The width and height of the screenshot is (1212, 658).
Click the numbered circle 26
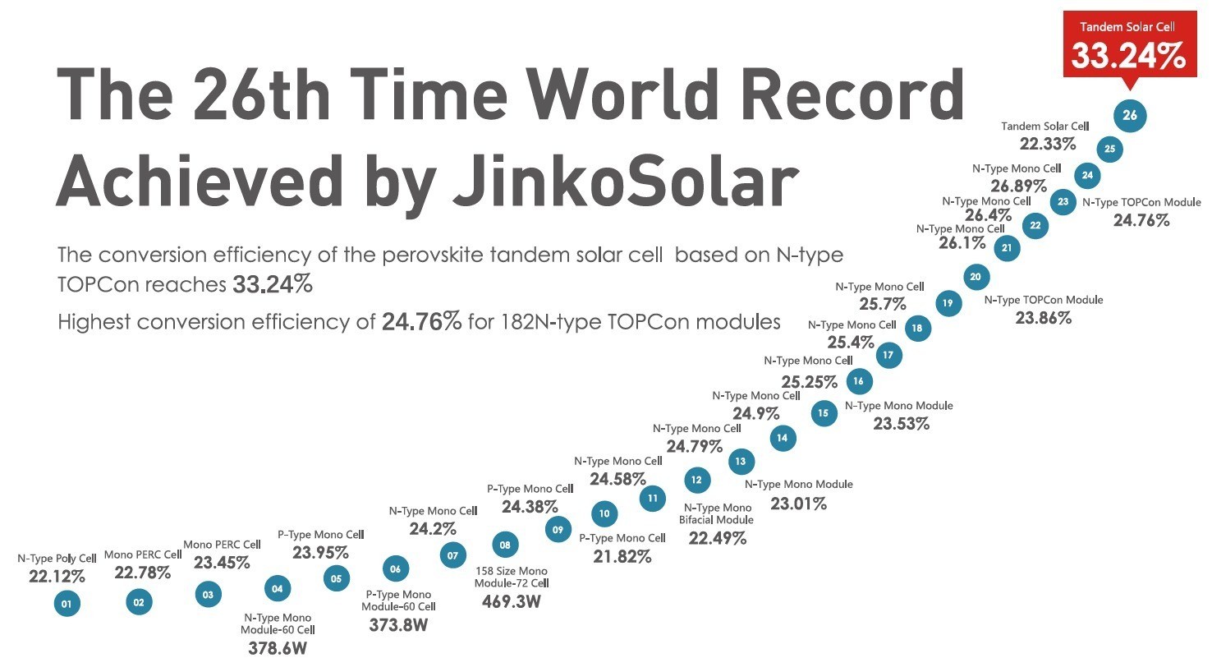pyautogui.click(x=1130, y=115)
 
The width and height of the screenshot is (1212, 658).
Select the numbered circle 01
pyautogui.click(x=67, y=605)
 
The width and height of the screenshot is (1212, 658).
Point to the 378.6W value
pyautogui.click(x=277, y=646)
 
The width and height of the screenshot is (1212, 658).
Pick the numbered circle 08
pyautogui.click(x=505, y=545)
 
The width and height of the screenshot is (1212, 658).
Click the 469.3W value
pyautogui.click(x=511, y=601)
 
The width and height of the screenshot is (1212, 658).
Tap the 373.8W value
pyautogui.click(x=398, y=624)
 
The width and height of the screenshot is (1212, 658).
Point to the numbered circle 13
pyautogui.click(x=741, y=462)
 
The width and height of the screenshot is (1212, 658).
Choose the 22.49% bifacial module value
pyautogui.click(x=718, y=538)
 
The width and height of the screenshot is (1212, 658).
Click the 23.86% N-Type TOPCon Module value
pyautogui.click(x=1043, y=317)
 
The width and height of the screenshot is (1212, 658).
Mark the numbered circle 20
pyautogui.click(x=976, y=277)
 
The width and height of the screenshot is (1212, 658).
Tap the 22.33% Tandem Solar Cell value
pyautogui.click(x=1048, y=144)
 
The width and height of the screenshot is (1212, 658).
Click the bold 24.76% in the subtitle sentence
pyautogui.click(x=422, y=321)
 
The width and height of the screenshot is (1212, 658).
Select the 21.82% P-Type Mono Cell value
pyautogui.click(x=622, y=556)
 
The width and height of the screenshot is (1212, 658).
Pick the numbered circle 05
pyautogui.click(x=336, y=578)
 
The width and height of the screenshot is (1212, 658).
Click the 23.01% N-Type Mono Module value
pyautogui.click(x=798, y=504)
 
